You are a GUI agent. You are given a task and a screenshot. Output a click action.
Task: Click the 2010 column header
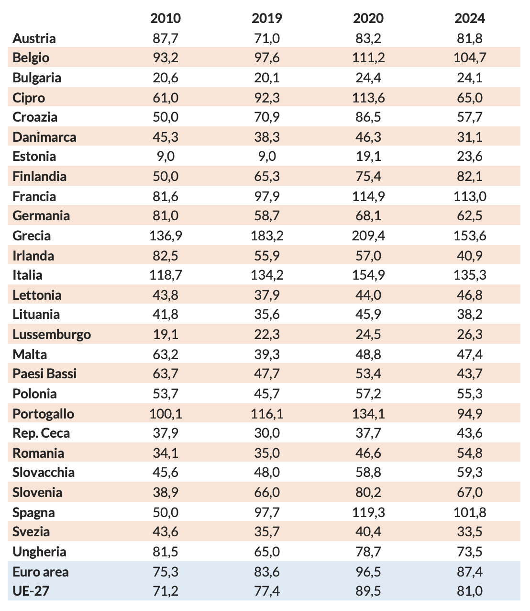[x=166, y=18]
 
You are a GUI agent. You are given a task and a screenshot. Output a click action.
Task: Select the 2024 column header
[x=469, y=18]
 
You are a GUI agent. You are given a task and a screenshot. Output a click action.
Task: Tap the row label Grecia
[x=32, y=236]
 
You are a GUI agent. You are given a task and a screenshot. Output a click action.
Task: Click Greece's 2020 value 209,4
[x=368, y=236]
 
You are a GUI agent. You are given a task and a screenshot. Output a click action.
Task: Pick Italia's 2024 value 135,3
[x=469, y=275]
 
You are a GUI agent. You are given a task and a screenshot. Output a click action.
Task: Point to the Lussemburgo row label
[x=52, y=334]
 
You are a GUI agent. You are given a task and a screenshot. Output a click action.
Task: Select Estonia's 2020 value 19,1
[x=368, y=157]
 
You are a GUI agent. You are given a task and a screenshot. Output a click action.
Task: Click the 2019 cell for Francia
[x=267, y=196]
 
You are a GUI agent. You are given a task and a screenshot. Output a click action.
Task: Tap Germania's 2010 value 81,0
[x=166, y=216]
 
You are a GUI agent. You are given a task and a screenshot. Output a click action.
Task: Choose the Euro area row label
[x=41, y=572]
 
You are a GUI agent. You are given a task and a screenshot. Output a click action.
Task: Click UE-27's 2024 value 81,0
[x=469, y=591]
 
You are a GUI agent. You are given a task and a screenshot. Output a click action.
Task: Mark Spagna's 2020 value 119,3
[x=368, y=512]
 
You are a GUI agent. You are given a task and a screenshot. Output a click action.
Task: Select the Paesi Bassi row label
[x=44, y=373]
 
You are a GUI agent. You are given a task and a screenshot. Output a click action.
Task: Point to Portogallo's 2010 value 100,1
[x=166, y=413]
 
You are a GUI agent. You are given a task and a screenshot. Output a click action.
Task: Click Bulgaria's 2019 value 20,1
[x=267, y=78]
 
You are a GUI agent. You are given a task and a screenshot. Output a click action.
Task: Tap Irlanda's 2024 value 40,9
[x=469, y=255]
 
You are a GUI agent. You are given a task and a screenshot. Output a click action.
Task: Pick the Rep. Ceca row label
[x=41, y=433]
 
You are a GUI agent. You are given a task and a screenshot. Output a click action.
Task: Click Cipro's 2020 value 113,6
[x=368, y=98]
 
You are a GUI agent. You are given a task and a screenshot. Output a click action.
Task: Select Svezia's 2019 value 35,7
[x=267, y=532]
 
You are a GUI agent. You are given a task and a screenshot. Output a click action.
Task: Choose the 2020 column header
[x=368, y=18]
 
